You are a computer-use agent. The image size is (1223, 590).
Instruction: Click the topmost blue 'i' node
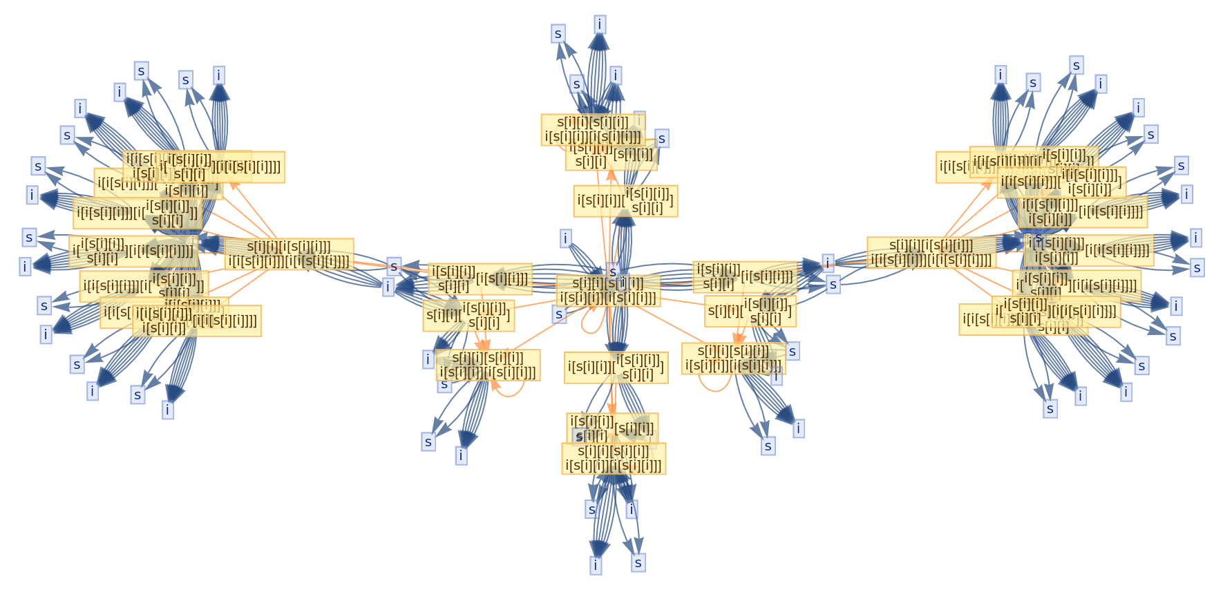click(x=600, y=25)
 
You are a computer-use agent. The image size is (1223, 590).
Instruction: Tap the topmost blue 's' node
click(x=558, y=33)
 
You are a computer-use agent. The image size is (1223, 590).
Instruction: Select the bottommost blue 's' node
click(x=638, y=563)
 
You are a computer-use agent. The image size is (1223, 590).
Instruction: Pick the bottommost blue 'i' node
click(x=596, y=565)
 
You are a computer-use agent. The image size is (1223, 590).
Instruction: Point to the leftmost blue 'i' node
click(x=26, y=266)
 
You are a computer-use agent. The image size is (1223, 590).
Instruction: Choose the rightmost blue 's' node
click(x=1197, y=268)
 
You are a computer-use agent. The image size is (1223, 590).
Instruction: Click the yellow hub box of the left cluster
click(x=289, y=254)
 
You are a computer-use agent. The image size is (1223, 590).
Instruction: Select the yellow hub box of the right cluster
click(x=931, y=252)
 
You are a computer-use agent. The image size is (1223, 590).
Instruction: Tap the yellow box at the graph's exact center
click(x=608, y=290)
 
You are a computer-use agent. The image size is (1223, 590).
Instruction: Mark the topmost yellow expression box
click(x=593, y=129)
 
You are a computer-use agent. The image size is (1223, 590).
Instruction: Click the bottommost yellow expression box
click(x=614, y=458)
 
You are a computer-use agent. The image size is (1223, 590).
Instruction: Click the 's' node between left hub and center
click(x=394, y=266)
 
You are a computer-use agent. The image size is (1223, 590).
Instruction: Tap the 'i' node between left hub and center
click(x=388, y=286)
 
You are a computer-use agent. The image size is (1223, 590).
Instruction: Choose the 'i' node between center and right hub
click(x=828, y=263)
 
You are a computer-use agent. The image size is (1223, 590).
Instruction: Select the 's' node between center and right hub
click(x=833, y=284)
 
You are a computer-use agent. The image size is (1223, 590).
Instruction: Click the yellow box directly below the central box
click(x=616, y=368)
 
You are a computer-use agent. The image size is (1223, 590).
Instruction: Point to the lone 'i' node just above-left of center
click(x=566, y=239)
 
